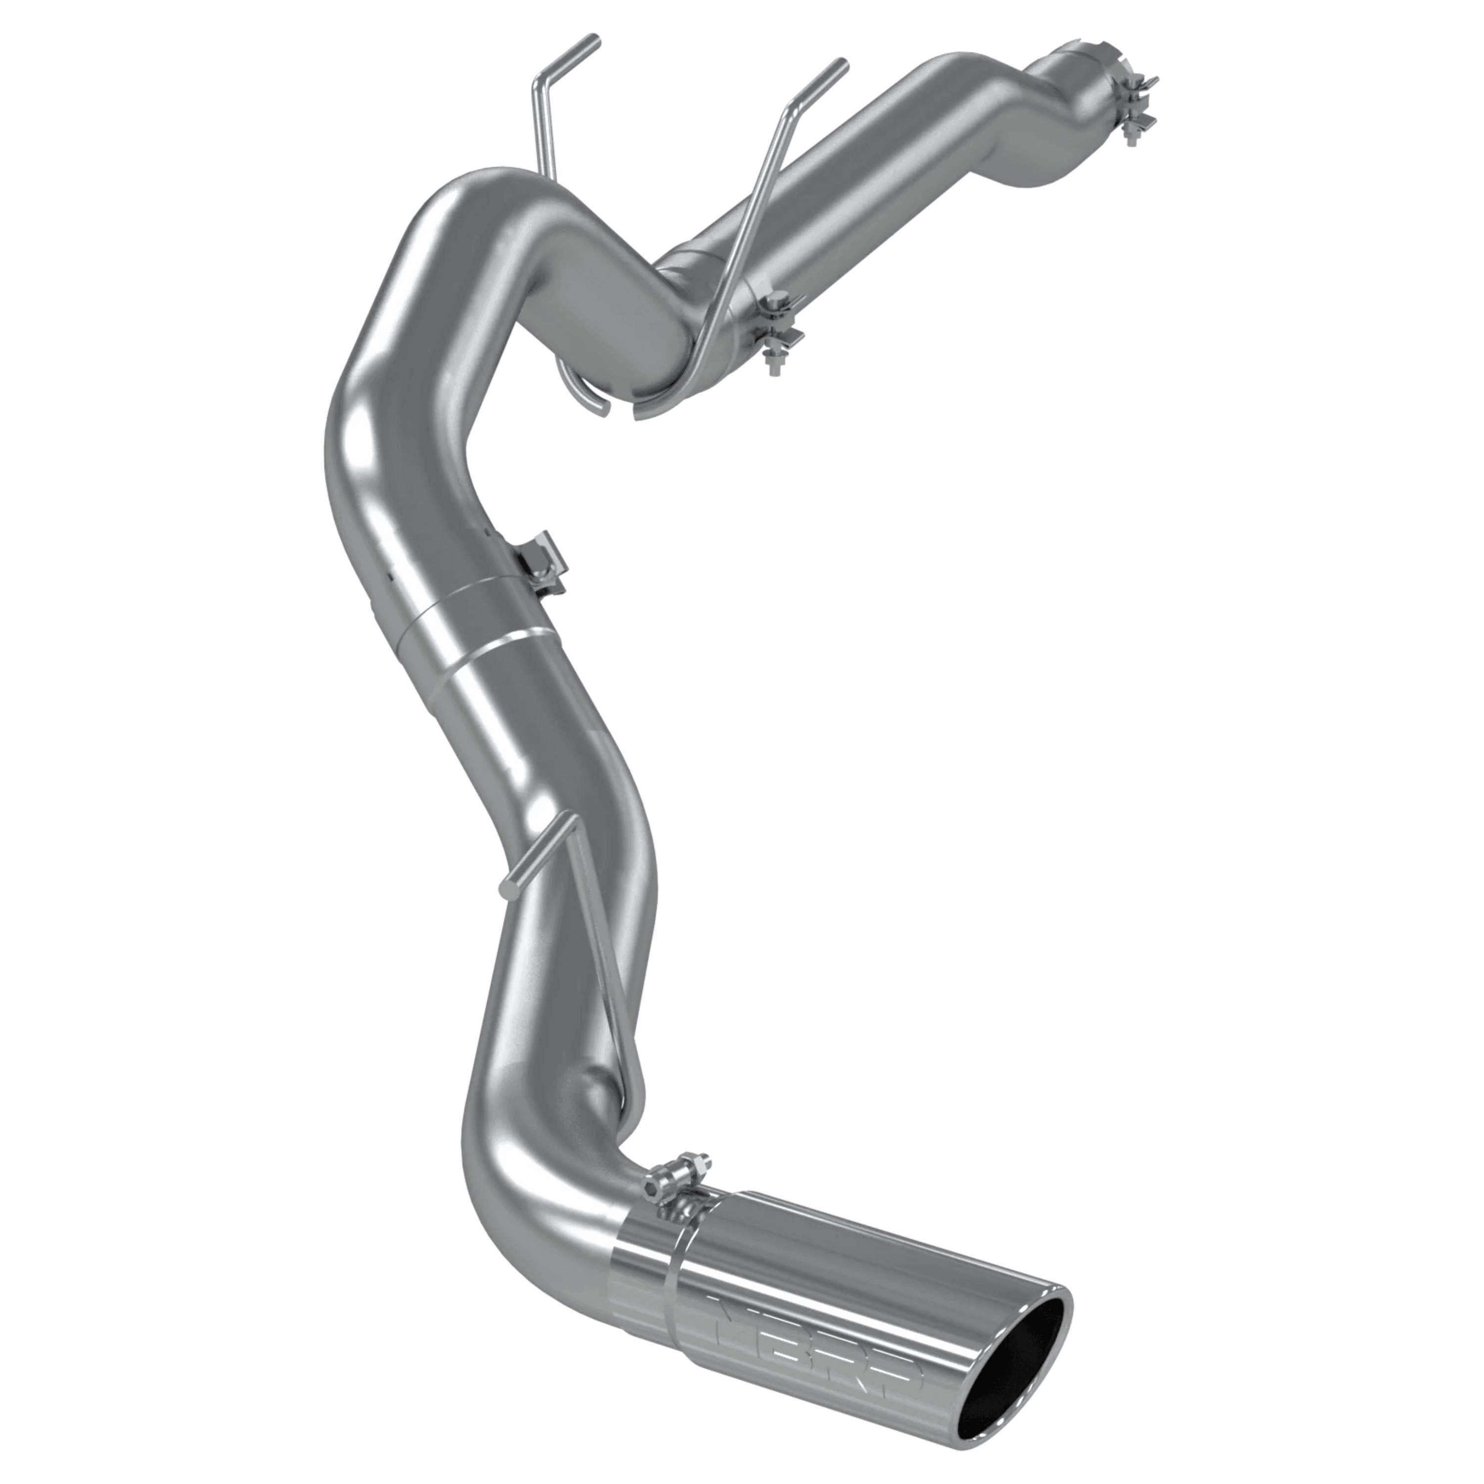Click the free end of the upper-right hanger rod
pos(845,61)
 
